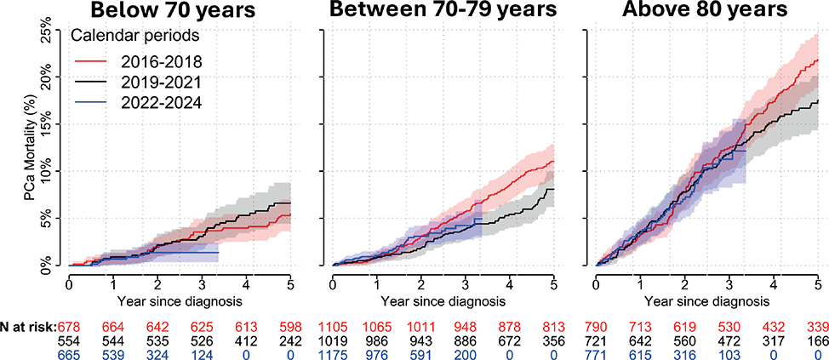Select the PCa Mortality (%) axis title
coord(32,149)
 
